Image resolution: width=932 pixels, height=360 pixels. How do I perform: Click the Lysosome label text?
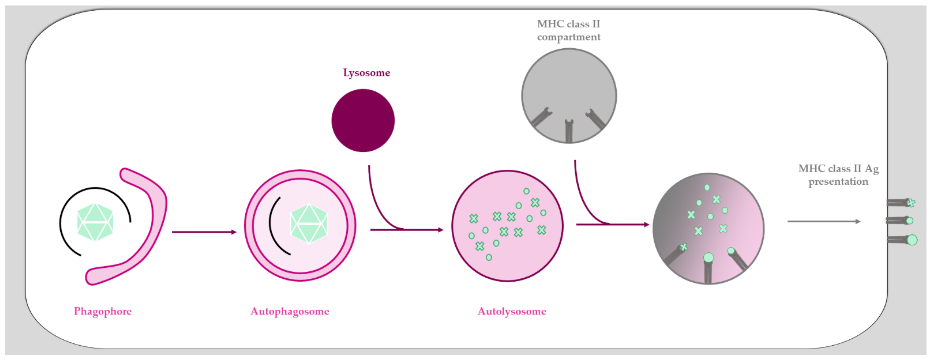[x=367, y=73]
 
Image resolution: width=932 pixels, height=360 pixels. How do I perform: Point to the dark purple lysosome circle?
[x=363, y=120]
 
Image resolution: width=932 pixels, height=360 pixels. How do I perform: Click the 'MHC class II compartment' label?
[x=568, y=30]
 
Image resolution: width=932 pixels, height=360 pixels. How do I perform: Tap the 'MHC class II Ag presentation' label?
[x=838, y=175]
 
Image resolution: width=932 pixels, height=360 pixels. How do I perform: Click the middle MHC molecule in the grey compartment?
[x=569, y=131]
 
